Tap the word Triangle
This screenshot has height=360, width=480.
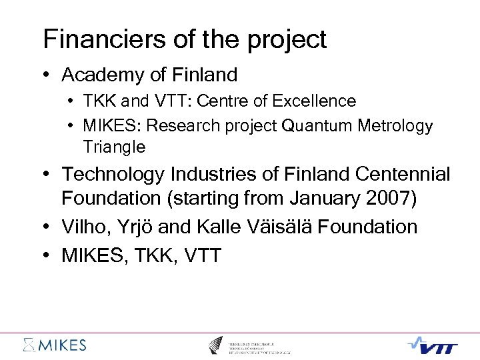tap(114, 146)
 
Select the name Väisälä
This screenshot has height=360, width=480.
tap(271, 227)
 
